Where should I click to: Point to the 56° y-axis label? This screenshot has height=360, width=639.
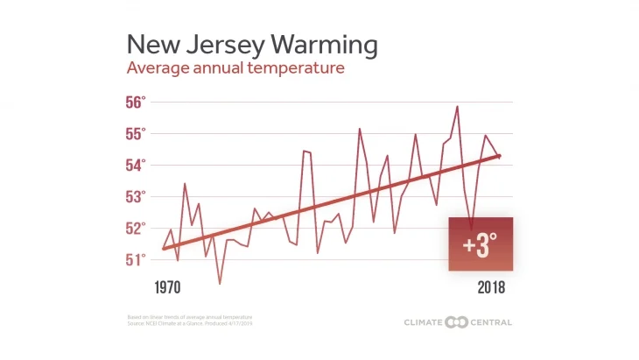pyautogui.click(x=135, y=102)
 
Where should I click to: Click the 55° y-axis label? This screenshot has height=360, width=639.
pyautogui.click(x=135, y=134)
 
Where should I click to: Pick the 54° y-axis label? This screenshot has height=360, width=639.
pyautogui.click(x=135, y=166)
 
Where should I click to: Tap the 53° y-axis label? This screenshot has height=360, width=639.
pyautogui.click(x=135, y=197)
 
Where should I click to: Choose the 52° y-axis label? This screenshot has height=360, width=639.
pyautogui.click(x=135, y=229)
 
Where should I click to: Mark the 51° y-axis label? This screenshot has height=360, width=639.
pyautogui.click(x=135, y=260)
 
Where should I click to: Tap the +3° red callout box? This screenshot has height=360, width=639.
pyautogui.click(x=481, y=244)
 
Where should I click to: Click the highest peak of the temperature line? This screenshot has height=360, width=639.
pyautogui.click(x=457, y=107)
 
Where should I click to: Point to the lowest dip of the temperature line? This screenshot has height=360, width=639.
pyautogui.click(x=220, y=283)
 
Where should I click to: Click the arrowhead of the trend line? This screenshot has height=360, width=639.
pyautogui.click(x=497, y=156)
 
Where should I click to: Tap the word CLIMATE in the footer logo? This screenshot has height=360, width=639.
pyautogui.click(x=424, y=322)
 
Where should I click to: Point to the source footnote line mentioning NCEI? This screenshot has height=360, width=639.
pyautogui.click(x=190, y=323)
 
